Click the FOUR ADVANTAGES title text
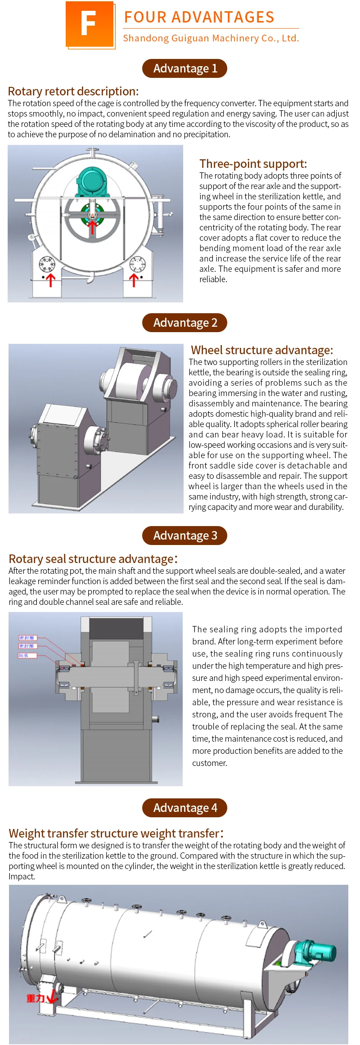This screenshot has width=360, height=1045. pyautogui.click(x=199, y=17)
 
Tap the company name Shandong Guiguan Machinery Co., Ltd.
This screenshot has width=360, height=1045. pyautogui.click(x=211, y=38)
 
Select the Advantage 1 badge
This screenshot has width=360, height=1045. pyautogui.click(x=184, y=68)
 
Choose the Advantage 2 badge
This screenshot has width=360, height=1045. pyautogui.click(x=184, y=323)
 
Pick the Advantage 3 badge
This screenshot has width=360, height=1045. pyautogui.click(x=184, y=536)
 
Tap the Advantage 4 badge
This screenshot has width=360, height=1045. pyautogui.click(x=184, y=808)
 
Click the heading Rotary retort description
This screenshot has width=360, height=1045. pyautogui.click(x=73, y=91)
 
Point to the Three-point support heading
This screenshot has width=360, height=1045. pyautogui.click(x=253, y=164)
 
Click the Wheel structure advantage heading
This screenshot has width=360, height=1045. pyautogui.click(x=262, y=350)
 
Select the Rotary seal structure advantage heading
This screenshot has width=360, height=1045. pyautogui.click(x=93, y=559)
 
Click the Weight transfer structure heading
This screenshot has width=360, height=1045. pyautogui.click(x=116, y=833)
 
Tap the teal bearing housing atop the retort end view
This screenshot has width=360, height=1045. pyautogui.click(x=92, y=182)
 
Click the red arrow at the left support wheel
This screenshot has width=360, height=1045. pyautogui.click(x=50, y=280)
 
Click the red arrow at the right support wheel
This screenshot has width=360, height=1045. pyautogui.click(x=134, y=280)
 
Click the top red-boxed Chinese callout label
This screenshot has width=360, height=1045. pyautogui.click(x=27, y=638)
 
